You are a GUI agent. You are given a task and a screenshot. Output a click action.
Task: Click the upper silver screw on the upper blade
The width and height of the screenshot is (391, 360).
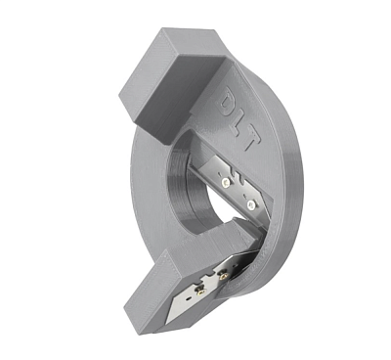click(x=225, y=183)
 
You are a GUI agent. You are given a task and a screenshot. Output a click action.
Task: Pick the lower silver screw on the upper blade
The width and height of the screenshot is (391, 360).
click(x=251, y=204)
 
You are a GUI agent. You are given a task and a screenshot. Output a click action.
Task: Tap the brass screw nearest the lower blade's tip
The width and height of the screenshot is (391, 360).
click(x=200, y=293)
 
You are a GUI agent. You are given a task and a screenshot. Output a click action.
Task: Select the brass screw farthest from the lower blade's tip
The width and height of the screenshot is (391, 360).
click(x=224, y=276)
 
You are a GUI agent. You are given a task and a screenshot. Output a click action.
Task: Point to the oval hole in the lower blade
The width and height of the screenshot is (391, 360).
click(x=188, y=297)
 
